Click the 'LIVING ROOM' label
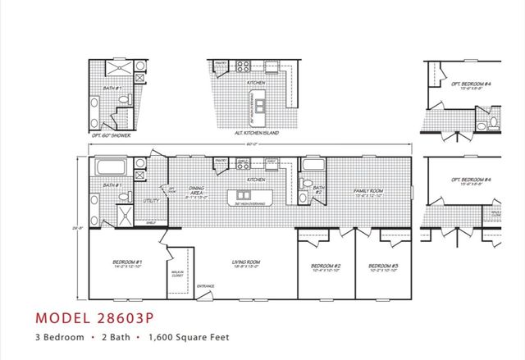(247, 262)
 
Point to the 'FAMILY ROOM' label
(368, 191)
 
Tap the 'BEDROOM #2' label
(325, 266)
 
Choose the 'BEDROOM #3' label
(383, 266)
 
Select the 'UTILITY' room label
(151, 199)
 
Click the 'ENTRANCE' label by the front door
(205, 286)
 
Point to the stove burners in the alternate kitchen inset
(244, 66)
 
